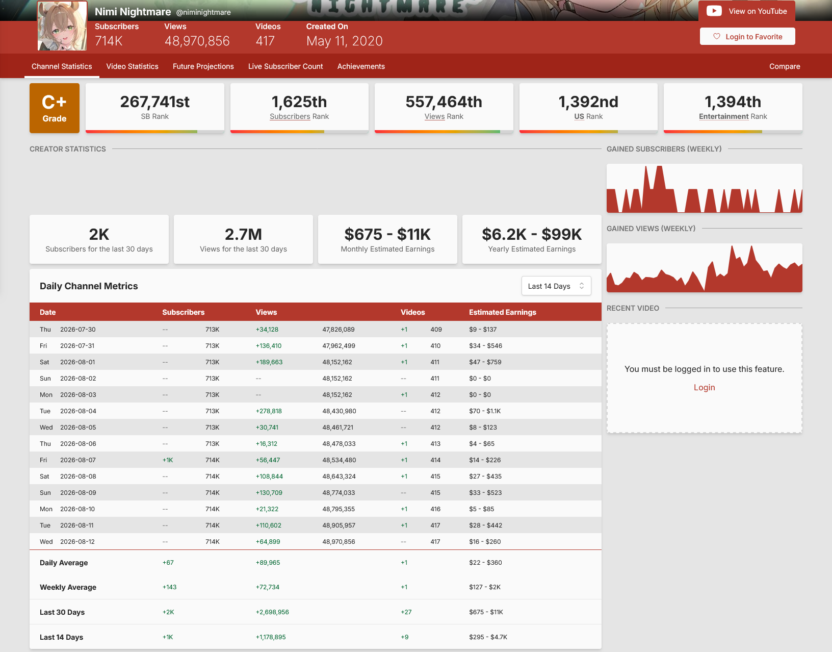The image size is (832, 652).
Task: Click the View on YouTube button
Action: pos(747,11)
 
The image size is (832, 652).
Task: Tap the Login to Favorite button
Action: pos(747,36)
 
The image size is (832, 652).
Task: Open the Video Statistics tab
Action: pos(132,66)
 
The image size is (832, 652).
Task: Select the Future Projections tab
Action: pos(203,66)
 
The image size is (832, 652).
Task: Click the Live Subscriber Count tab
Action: pos(285,66)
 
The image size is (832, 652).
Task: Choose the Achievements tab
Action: pos(360,66)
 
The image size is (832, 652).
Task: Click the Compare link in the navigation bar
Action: pos(785,66)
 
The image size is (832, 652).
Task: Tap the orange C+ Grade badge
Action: pos(55,108)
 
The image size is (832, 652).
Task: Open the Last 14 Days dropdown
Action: pos(556,286)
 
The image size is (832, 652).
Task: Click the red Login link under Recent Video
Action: pos(704,387)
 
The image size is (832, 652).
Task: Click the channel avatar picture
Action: pos(62,26)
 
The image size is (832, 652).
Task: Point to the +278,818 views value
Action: pos(268,411)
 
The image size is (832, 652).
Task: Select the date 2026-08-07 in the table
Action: pos(77,460)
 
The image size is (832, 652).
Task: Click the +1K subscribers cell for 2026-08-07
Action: pos(168,460)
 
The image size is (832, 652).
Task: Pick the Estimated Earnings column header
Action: pos(502,312)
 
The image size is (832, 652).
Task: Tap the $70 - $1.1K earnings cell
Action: pos(485,411)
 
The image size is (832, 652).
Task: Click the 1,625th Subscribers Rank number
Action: pos(299,102)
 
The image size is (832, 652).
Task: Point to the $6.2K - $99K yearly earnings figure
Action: pos(532,234)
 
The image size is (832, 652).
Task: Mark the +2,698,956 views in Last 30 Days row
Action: pos(272,612)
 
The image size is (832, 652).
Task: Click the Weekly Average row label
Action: pos(68,587)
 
